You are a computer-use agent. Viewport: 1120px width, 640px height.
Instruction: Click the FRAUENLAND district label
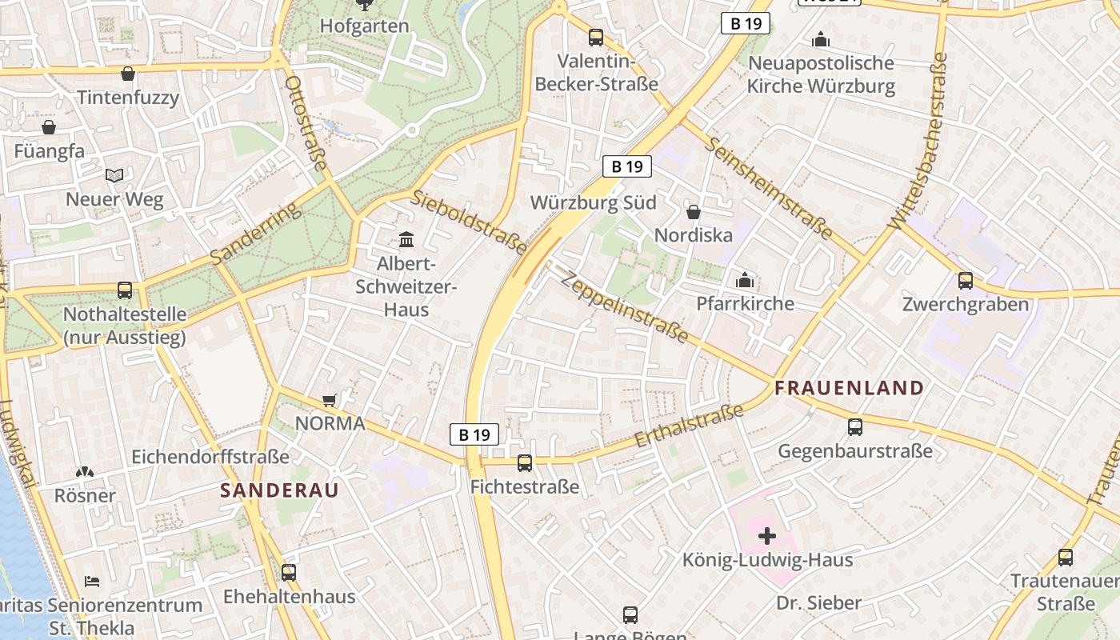click(849, 389)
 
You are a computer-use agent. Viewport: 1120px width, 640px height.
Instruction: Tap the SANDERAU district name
click(279, 490)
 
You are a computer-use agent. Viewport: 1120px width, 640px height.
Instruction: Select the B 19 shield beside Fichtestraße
click(474, 434)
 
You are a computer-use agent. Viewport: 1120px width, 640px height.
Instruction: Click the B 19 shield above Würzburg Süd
click(627, 166)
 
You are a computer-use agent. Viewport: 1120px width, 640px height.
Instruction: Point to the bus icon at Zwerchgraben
click(966, 281)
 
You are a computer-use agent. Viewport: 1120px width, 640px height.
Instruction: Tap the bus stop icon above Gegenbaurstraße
click(855, 427)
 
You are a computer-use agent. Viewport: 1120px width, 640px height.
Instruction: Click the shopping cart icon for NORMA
click(329, 400)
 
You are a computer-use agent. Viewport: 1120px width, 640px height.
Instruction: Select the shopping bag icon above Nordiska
click(694, 212)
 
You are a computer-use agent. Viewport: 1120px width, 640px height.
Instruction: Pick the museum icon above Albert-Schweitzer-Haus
click(406, 239)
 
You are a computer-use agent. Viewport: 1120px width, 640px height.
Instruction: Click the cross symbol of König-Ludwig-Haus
click(766, 536)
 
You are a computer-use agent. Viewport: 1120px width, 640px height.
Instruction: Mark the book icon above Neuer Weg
click(115, 175)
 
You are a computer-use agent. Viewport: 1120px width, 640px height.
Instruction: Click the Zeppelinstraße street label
click(624, 307)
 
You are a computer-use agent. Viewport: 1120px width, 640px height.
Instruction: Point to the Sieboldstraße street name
click(470, 222)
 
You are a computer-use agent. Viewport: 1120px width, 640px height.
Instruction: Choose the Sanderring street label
click(257, 233)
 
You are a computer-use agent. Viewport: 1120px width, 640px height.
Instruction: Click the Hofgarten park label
click(364, 26)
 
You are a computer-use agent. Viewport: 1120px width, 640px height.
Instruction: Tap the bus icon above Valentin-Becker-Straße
click(595, 37)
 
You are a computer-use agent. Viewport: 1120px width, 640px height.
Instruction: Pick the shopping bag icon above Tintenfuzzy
click(127, 74)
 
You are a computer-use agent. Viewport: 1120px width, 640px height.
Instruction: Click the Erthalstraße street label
click(689, 426)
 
